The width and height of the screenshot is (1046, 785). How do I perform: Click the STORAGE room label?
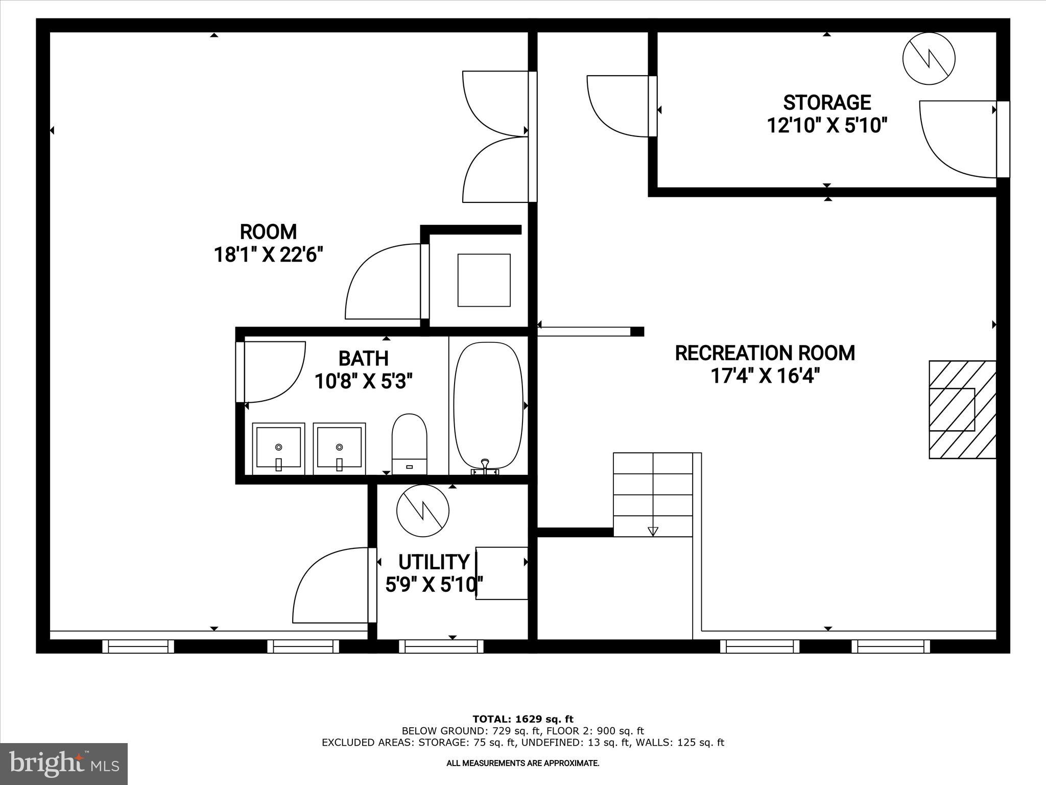pyautogui.click(x=826, y=103)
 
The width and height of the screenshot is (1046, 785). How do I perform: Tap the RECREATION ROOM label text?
pyautogui.click(x=765, y=353)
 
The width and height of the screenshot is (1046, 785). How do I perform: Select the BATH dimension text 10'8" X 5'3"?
pyautogui.click(x=363, y=381)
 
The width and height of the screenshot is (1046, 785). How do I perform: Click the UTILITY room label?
pyautogui.click(x=433, y=562)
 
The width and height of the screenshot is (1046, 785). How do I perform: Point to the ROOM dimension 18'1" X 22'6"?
pyautogui.click(x=268, y=254)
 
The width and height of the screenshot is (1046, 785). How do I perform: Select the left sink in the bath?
pyautogui.click(x=278, y=448)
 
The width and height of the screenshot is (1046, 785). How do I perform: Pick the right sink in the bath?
pyautogui.click(x=339, y=448)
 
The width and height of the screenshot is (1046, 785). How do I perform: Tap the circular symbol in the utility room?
pyautogui.click(x=423, y=511)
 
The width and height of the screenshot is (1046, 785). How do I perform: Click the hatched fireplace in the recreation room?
pyautogui.click(x=962, y=409)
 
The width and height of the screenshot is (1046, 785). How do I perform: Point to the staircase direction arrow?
pyautogui.click(x=653, y=531)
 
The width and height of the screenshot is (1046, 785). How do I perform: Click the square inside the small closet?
pyautogui.click(x=484, y=280)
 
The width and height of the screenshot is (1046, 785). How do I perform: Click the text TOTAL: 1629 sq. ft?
pyautogui.click(x=522, y=719)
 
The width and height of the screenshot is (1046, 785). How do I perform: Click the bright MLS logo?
pyautogui.click(x=64, y=764)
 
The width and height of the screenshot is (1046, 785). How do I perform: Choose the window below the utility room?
pyautogui.click(x=441, y=647)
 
